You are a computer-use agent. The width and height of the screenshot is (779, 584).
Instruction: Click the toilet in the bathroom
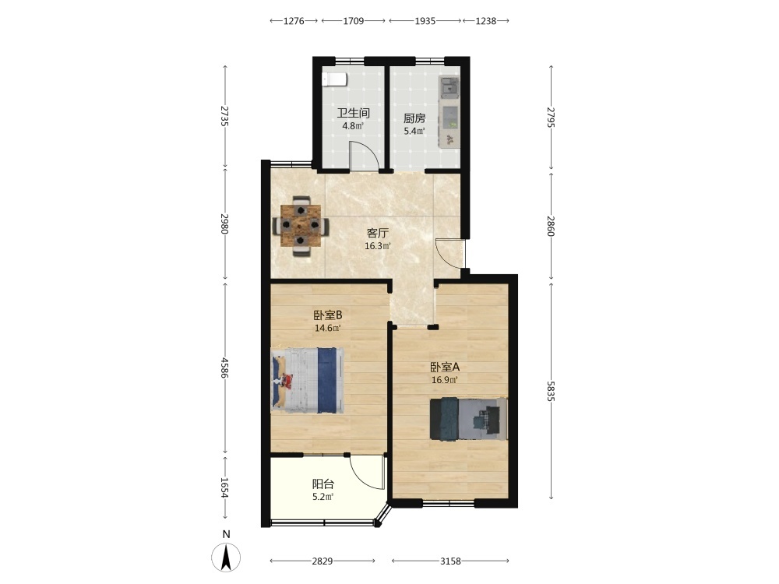pos(334,79)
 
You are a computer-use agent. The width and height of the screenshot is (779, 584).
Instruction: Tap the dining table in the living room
pos(300,226)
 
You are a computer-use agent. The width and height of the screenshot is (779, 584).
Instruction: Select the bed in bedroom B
pos(308,380)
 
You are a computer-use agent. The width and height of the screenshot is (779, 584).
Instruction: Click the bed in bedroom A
pos(468,418)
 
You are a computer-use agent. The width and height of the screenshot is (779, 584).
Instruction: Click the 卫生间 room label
pos(353,113)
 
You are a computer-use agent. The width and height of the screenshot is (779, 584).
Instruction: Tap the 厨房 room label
pos(414,118)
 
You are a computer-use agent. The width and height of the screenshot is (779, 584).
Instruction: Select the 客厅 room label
pos(378,233)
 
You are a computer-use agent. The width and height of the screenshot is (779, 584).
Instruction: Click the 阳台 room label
pos(323,484)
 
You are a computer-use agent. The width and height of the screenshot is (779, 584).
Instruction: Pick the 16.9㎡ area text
pos(444,381)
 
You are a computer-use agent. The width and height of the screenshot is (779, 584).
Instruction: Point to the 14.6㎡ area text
pos(328,328)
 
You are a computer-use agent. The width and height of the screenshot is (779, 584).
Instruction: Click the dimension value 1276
pos(294,21)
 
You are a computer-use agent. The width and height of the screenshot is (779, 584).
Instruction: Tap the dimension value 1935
pos(425,21)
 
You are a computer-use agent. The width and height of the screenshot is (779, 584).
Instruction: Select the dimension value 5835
pos(551,392)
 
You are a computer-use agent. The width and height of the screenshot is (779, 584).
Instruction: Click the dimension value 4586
pos(224,368)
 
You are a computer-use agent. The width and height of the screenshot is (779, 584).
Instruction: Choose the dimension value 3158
pos(450,561)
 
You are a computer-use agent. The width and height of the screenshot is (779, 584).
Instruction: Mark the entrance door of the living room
pos(449,254)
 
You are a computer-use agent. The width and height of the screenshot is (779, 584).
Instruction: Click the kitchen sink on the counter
pos(450,86)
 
